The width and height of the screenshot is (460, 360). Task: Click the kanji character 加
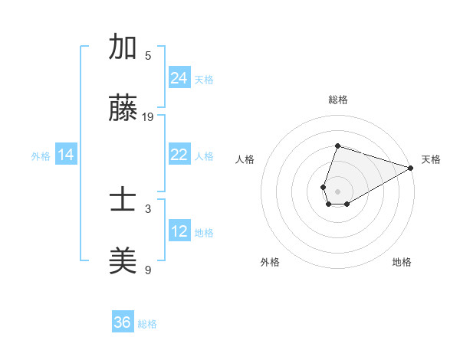(123, 47)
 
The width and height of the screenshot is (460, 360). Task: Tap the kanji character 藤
(123, 109)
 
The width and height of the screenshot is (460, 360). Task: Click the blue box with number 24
(179, 78)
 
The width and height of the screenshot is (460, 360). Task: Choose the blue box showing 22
(179, 155)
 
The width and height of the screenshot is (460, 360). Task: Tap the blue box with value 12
(179, 231)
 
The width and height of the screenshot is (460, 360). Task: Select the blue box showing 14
(66, 155)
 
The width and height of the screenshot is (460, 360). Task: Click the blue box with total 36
(123, 322)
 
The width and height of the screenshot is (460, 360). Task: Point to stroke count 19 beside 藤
(148, 116)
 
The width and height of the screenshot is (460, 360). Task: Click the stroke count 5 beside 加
(148, 55)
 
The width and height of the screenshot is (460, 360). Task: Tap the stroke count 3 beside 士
(148, 208)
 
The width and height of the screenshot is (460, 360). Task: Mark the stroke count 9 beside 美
(148, 270)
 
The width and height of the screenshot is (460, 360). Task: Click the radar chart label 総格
(337, 100)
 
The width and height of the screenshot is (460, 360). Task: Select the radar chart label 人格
(245, 159)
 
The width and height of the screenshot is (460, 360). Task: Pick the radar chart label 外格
(270, 262)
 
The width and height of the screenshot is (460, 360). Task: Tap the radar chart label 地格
(402, 262)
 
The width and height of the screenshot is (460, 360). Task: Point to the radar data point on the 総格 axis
(337, 146)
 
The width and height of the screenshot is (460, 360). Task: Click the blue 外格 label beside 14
(41, 155)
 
